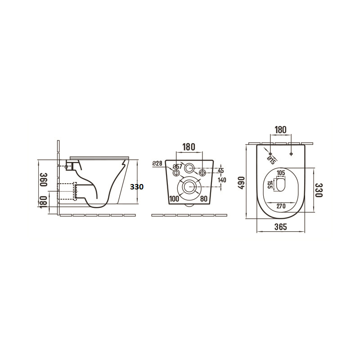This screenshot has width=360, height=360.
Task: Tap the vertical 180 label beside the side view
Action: pos(44,201)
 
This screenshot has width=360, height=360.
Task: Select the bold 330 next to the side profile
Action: pos(137,187)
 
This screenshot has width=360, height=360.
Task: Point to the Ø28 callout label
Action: pos(157,163)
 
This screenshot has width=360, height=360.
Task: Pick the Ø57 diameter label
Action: pos(178,167)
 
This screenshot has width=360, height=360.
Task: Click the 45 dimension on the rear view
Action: pos(220,171)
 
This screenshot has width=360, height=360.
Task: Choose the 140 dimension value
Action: pos(221,180)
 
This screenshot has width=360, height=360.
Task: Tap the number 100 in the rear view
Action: pos(175,198)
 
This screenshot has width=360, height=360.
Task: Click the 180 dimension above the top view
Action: pos(280,130)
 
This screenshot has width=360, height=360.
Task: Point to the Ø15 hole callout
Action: pos(270,158)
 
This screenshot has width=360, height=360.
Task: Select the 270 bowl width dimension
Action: pos(282,206)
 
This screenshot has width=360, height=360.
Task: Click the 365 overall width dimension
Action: pos(280,227)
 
